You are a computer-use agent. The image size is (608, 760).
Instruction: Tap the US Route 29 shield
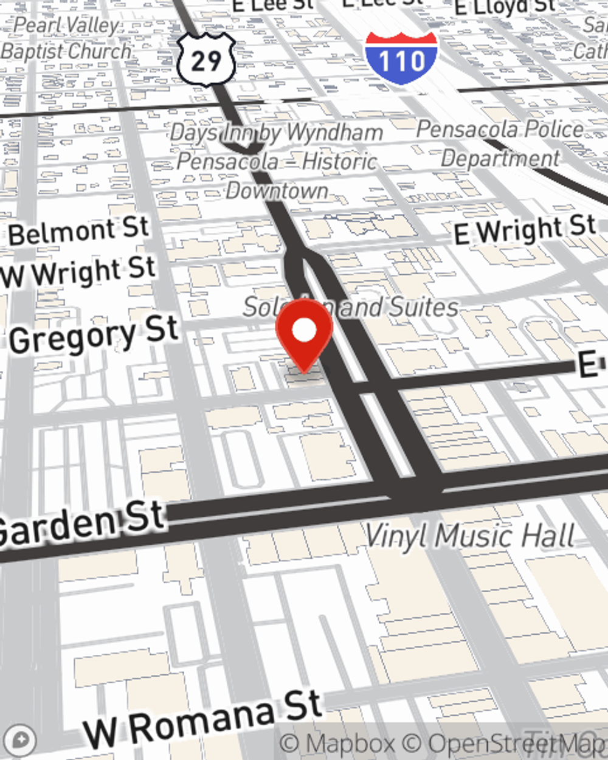(x=206, y=59)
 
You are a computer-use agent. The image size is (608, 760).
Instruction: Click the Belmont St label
(x=79, y=231)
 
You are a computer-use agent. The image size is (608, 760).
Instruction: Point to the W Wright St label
(x=79, y=272)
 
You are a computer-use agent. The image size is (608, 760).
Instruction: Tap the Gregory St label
(x=94, y=336)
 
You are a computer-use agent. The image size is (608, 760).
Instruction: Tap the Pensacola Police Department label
(x=500, y=143)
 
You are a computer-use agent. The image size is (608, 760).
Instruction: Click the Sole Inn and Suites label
(x=351, y=307)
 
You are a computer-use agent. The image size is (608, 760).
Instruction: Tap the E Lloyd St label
(x=505, y=7)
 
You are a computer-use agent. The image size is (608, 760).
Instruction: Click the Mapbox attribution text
(x=337, y=744)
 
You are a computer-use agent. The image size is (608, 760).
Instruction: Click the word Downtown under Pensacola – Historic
(x=277, y=190)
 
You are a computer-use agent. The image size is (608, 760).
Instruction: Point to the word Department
(x=500, y=158)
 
